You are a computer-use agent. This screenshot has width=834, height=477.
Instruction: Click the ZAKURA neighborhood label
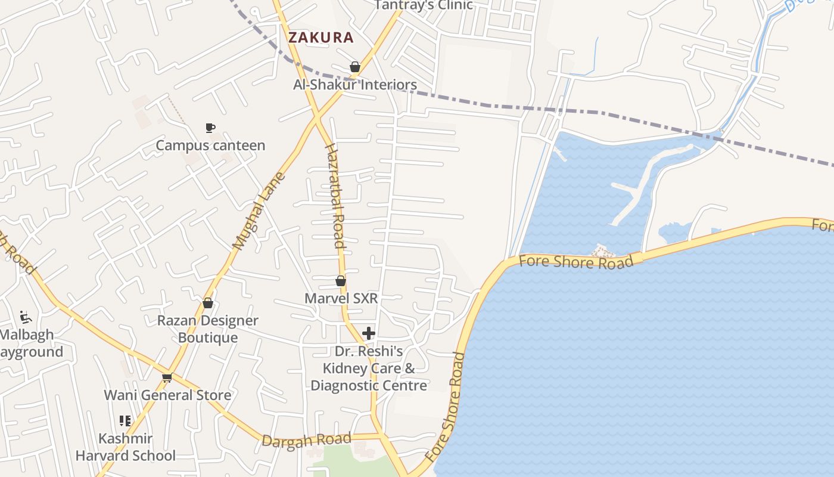[321, 38]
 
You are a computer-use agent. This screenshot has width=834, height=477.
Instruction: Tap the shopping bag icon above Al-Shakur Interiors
[355, 67]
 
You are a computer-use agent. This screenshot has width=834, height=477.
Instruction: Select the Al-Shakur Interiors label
[355, 85]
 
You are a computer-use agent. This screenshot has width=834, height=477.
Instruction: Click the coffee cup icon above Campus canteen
[210, 128]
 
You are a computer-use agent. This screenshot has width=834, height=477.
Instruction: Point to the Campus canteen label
[210, 145]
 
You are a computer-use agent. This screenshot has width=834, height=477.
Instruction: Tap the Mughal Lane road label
[259, 211]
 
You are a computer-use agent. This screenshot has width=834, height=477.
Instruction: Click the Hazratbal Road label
[335, 196]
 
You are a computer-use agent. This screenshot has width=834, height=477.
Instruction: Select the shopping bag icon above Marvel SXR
[341, 280]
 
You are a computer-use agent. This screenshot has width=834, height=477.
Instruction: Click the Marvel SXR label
[341, 298]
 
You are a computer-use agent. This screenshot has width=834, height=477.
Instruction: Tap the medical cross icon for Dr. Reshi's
[369, 333]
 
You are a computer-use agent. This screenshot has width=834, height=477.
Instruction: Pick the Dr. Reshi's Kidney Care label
[369, 368]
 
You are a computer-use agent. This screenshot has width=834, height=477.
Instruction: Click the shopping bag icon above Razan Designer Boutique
[208, 303]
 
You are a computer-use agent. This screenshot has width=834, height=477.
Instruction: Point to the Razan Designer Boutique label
[208, 329]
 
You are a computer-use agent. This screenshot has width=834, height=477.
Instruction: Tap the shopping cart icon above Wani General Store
[167, 377]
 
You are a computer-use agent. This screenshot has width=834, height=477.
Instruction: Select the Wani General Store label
[167, 395]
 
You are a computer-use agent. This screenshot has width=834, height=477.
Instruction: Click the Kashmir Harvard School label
[126, 447]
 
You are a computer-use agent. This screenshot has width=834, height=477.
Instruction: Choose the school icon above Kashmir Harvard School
[125, 421]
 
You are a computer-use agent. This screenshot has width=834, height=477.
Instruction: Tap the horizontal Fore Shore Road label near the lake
[576, 262]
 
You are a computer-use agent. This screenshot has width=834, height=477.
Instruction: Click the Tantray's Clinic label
[424, 5]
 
